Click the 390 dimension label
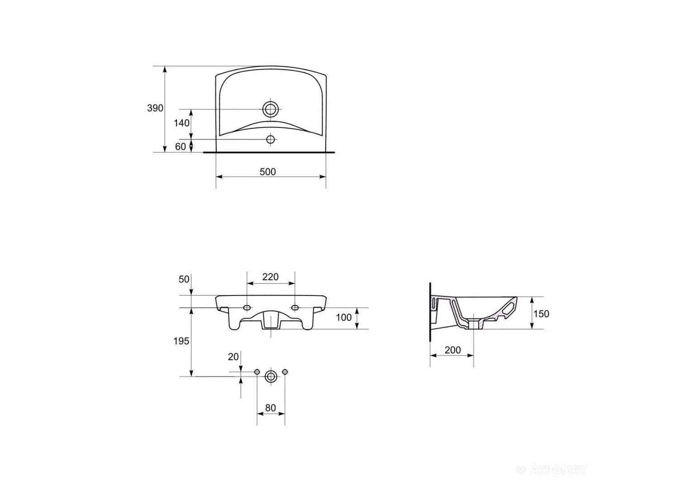[155, 108]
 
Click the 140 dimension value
[181, 123]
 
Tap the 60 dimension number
[180, 146]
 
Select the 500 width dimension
[268, 172]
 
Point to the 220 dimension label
[270, 277]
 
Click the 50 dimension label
[184, 279]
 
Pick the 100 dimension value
[344, 318]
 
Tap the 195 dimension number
[181, 341]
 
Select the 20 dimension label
[233, 357]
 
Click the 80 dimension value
[271, 408]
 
